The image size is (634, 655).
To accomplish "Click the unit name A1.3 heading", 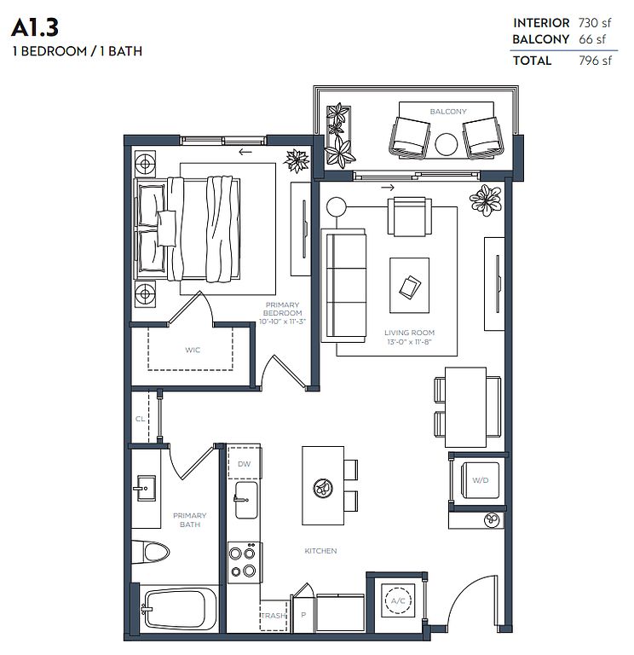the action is point(35,27).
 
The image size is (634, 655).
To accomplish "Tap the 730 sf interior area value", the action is point(594,22).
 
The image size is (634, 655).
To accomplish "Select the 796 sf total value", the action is point(595,61).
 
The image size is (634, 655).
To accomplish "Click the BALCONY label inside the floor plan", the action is point(448,112).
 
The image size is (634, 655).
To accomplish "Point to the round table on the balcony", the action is point(447,144).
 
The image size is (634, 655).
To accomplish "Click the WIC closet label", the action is point(193,350).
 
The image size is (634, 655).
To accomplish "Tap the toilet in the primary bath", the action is point(151,553).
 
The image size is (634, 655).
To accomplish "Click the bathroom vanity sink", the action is point(144,488).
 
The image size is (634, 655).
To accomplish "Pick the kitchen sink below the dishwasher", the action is point(245,500).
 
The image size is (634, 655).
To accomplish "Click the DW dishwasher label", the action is point(245,464).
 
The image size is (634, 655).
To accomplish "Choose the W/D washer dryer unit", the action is point(480,480).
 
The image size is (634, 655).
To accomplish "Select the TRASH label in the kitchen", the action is point(274,615).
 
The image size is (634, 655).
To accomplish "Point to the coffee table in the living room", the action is point(409,286).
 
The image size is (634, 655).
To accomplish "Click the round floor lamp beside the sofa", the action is point(337,206).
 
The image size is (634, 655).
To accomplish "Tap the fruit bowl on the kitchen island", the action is point(323,488).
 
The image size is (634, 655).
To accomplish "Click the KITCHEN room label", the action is point(320,551).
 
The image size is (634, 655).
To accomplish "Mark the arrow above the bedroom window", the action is point(245,152).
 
